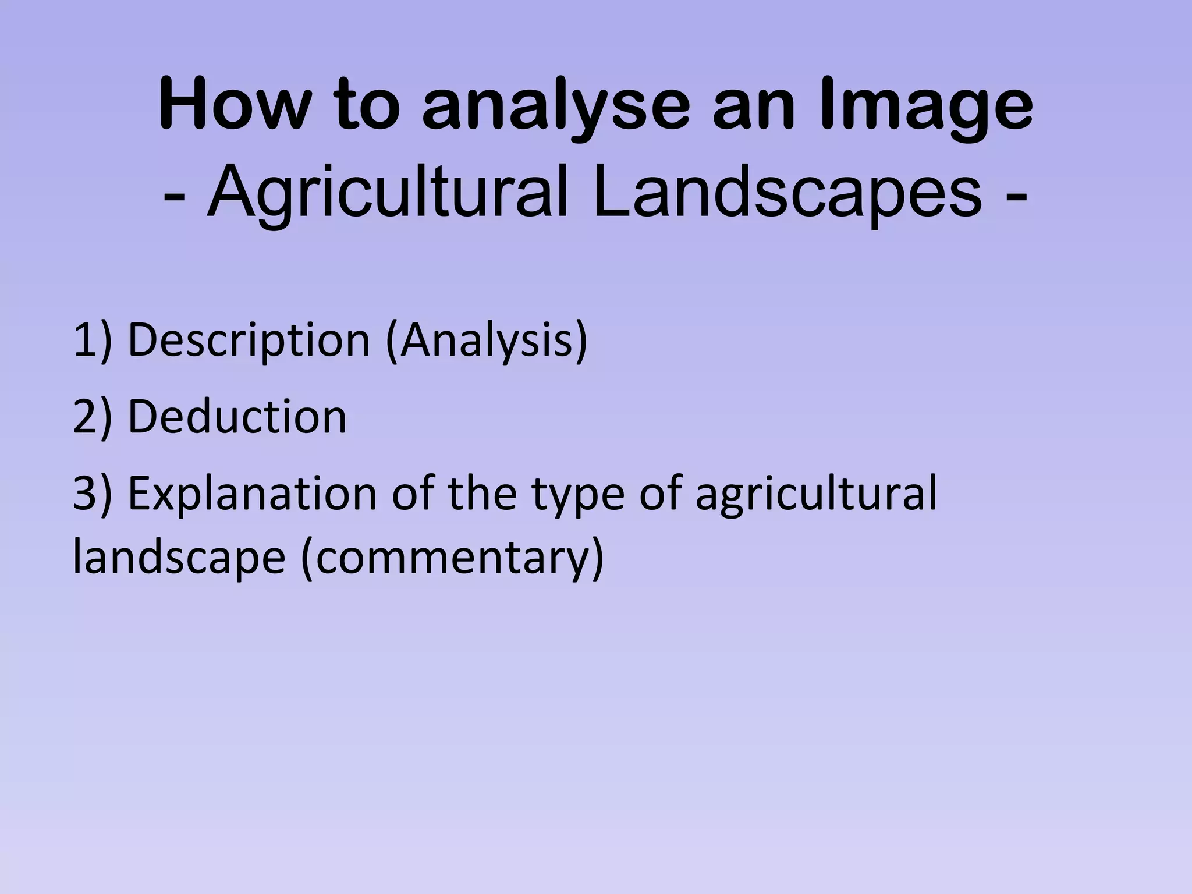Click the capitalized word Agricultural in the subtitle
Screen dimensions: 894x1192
pos(387,192)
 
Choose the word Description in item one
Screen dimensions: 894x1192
pos(249,340)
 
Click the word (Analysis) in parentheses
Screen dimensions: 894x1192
pos(487,340)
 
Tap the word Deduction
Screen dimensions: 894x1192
pos(237,417)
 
